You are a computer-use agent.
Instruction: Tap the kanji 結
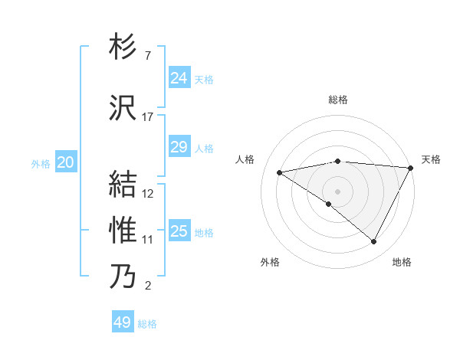[123, 185]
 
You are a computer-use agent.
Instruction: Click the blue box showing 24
[179, 77]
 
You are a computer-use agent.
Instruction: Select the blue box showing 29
[179, 147]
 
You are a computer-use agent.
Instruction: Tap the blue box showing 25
[179, 231]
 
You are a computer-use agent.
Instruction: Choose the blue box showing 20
[66, 162]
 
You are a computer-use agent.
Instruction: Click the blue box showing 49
[123, 322]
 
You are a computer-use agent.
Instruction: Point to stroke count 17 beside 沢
[148, 117]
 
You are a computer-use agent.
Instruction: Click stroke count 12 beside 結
[148, 194]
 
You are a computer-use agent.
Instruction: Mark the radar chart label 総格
[338, 100]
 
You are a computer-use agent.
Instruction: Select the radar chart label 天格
[431, 159]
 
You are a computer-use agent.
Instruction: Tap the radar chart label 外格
[270, 262]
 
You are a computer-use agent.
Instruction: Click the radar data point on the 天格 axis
[411, 167]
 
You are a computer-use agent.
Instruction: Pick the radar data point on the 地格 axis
[374, 242]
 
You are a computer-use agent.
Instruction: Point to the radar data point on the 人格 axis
[280, 172]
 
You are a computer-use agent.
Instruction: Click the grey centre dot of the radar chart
[337, 191]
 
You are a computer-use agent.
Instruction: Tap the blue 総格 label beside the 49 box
[147, 324]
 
